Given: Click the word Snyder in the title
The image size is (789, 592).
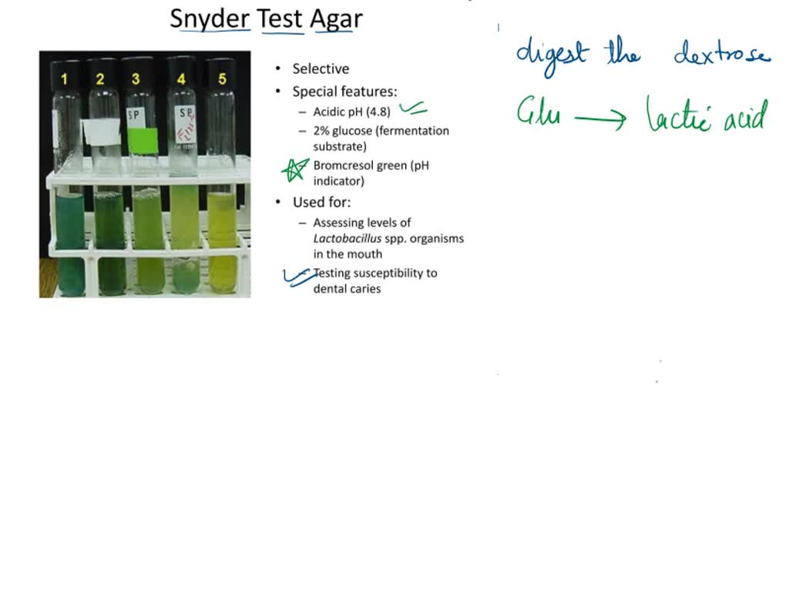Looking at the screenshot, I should (x=210, y=18).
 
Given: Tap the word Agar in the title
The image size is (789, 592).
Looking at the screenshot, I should (x=336, y=18).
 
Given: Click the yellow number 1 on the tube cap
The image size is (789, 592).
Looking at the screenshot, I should (x=65, y=79).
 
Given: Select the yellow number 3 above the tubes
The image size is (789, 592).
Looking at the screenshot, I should (x=136, y=79).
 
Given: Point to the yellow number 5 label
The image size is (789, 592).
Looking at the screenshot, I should (x=223, y=79).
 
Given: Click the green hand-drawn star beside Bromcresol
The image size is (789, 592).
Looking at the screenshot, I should (x=294, y=170).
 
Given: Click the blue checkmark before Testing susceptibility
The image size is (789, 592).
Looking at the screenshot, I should (x=297, y=276).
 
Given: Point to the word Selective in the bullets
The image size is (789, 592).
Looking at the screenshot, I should (x=321, y=69).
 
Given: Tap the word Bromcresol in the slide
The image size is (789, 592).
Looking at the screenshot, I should (x=344, y=165).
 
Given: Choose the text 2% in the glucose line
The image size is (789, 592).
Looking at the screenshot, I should (x=321, y=131).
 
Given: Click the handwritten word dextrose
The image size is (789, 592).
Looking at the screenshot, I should (x=721, y=54).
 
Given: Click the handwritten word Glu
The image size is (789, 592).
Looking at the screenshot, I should (x=538, y=115).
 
